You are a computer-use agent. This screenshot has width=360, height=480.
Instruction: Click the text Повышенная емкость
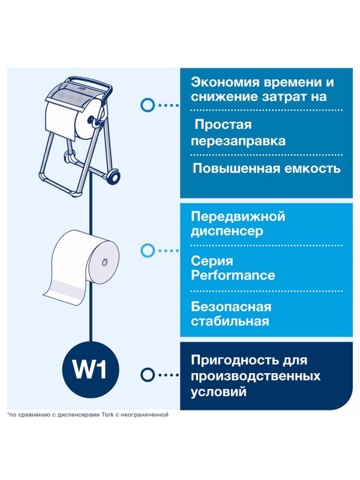(x=266, y=168)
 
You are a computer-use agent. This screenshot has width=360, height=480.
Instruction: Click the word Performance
(x=233, y=275)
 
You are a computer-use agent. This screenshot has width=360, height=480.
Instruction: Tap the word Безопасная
(x=230, y=307)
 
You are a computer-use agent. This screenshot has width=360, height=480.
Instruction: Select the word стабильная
(x=229, y=322)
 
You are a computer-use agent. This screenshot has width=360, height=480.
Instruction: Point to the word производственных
(x=255, y=376)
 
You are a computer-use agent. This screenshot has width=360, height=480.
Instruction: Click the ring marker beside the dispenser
(x=146, y=104)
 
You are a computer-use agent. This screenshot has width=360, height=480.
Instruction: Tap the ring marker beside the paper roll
(x=146, y=250)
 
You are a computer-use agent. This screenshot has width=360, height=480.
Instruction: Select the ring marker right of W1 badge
(x=146, y=376)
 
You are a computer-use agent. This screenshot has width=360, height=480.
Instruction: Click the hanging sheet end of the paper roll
(x=62, y=290)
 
